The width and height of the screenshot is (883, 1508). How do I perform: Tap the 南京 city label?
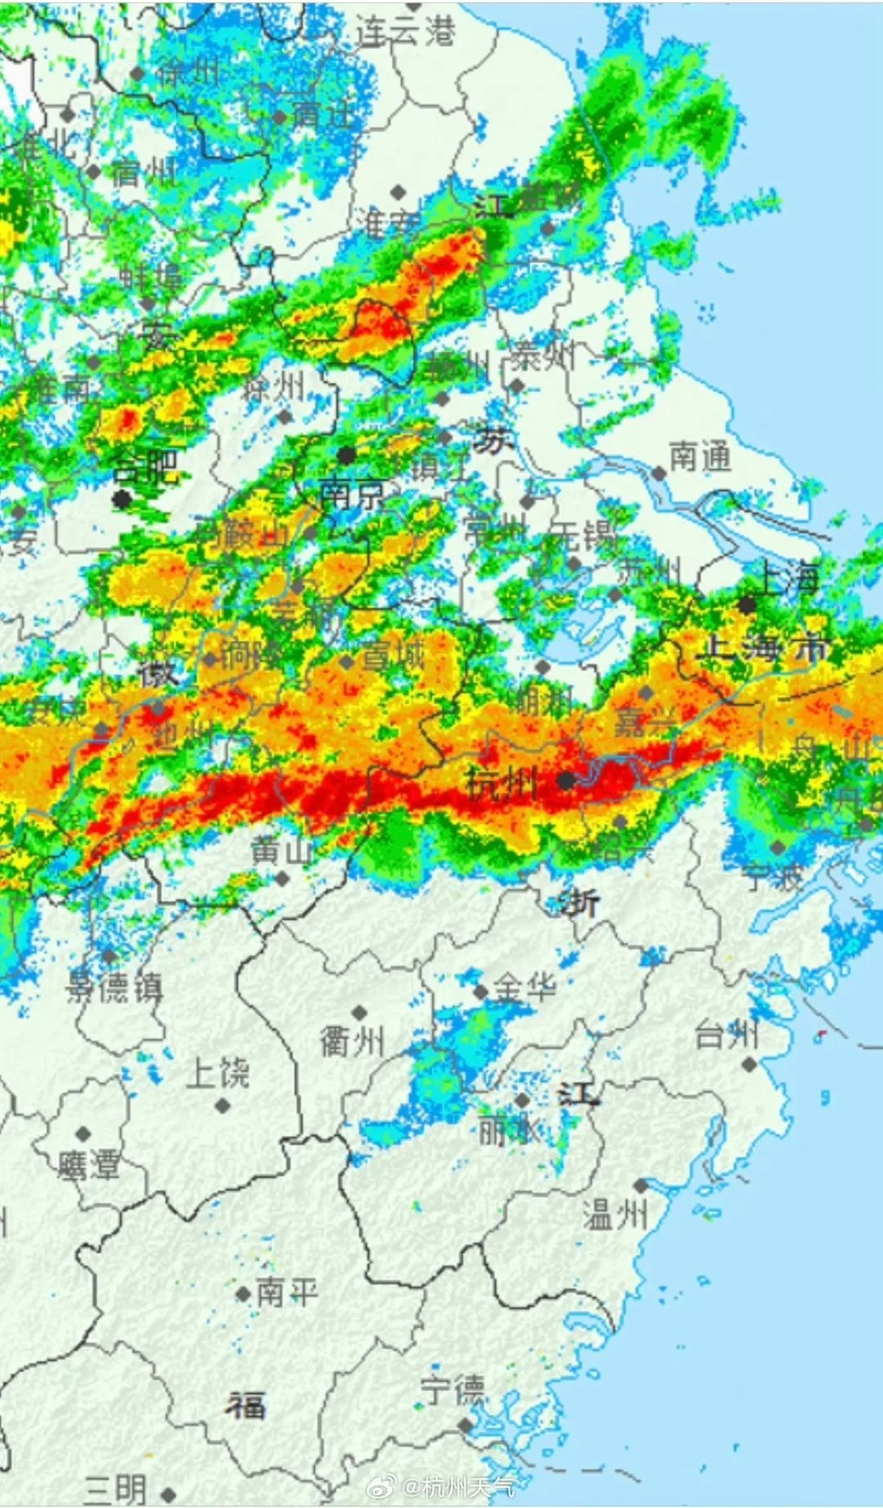(x=351, y=494)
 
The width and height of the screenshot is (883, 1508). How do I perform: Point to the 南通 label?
(x=700, y=457)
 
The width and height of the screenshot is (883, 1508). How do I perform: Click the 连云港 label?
(x=406, y=31)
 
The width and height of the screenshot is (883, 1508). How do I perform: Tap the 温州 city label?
(x=616, y=1215)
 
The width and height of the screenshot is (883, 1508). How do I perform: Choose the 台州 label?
(x=727, y=1036)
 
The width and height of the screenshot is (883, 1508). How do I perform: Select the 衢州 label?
(x=352, y=1041)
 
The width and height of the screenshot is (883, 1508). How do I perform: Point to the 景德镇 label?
(x=114, y=988)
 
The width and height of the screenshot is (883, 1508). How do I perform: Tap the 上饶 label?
(x=217, y=1073)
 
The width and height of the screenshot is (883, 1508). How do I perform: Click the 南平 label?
(x=286, y=1292)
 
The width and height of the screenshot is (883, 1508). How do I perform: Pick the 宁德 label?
(x=453, y=1389)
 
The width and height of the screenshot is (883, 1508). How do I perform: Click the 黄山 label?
(x=281, y=850)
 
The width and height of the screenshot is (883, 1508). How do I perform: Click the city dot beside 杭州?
(x=566, y=781)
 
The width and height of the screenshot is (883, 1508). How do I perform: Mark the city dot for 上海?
(x=747, y=605)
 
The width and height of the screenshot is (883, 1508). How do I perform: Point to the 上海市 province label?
(x=766, y=648)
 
